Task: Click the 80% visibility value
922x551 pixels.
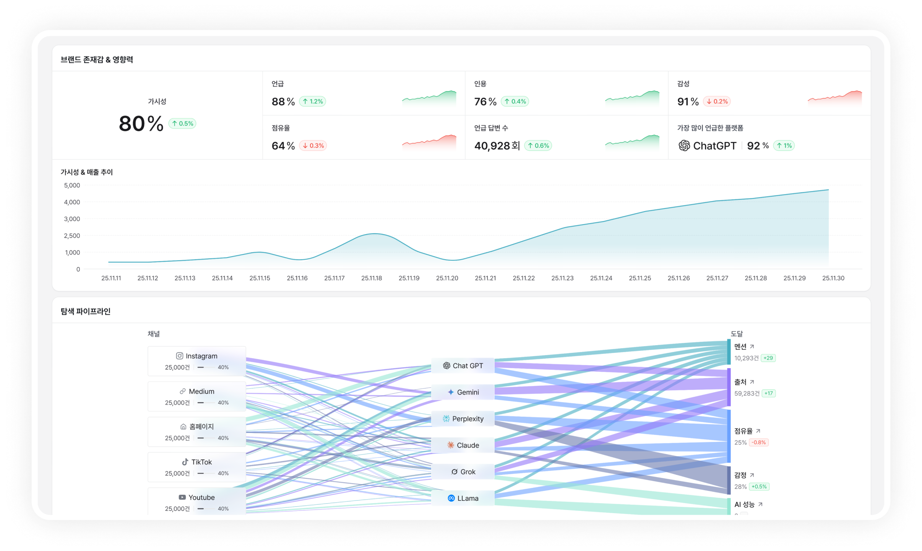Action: (x=141, y=124)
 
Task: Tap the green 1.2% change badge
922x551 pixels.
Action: (x=312, y=101)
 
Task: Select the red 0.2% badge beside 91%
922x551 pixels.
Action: (x=717, y=101)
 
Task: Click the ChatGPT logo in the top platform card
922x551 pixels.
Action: (x=684, y=146)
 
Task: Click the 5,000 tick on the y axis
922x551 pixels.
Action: (x=72, y=186)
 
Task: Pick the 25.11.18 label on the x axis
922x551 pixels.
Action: (x=372, y=278)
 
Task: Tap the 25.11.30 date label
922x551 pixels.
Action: (x=833, y=278)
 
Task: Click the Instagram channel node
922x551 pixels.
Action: (x=196, y=361)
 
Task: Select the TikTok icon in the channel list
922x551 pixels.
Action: (x=185, y=462)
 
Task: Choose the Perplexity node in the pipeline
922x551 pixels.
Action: (x=463, y=419)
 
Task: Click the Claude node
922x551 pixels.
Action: (x=463, y=445)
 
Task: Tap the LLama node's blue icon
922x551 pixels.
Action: (x=451, y=498)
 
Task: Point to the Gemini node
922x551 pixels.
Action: (x=463, y=392)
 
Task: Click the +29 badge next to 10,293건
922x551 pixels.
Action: (x=768, y=358)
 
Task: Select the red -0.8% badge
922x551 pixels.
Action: (x=759, y=442)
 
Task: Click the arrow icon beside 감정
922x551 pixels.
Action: (x=752, y=475)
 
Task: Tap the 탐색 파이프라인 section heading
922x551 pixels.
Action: (x=86, y=311)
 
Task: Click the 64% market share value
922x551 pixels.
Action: (x=283, y=146)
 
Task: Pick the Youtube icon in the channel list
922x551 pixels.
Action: (x=182, y=497)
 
